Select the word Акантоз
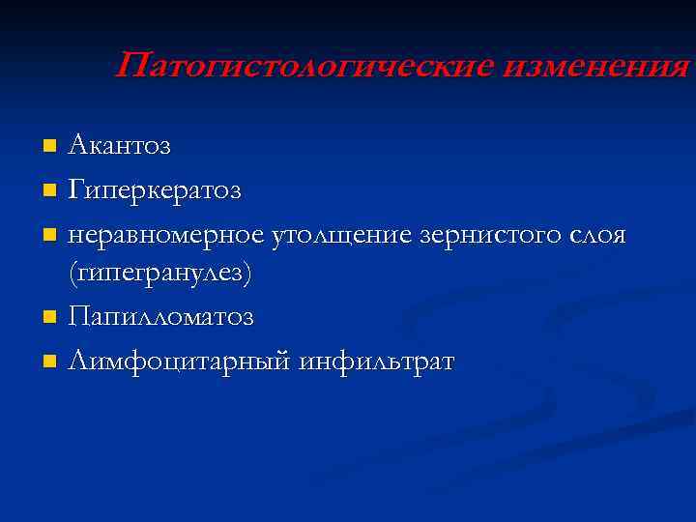pyautogui.click(x=119, y=146)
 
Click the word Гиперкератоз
pyautogui.click(x=156, y=189)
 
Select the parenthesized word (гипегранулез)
pyautogui.click(x=160, y=275)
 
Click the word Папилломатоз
pyautogui.click(x=161, y=317)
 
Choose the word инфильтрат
pyautogui.click(x=378, y=362)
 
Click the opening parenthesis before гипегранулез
pyautogui.click(x=72, y=275)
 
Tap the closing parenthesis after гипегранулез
pyautogui.click(x=247, y=275)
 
